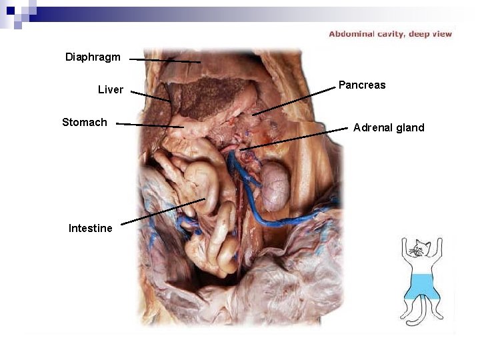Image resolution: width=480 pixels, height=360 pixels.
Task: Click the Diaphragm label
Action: pos(93,57)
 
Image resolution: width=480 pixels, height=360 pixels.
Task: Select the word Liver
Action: pos(110,89)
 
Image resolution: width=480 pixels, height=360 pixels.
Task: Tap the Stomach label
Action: pos(84,122)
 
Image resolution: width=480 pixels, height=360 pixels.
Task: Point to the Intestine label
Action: pos(90,228)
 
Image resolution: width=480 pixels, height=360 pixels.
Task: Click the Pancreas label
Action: pos(362,85)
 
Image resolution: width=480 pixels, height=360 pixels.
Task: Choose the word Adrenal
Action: pos(373,127)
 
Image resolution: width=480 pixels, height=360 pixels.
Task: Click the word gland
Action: pos(410,127)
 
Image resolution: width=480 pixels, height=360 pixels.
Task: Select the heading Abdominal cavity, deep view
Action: pos(390,34)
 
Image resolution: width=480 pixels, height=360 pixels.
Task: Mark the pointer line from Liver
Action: pos(150,96)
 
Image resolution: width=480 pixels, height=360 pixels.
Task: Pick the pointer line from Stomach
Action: pos(149,125)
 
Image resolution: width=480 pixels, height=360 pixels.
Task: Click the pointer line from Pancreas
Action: pos(293,101)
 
